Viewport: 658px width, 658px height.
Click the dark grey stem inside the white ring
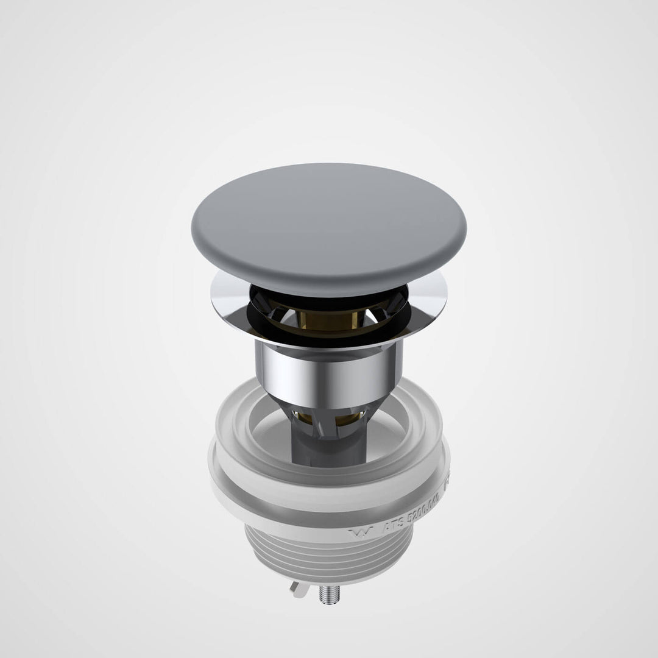pos(329,448)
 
